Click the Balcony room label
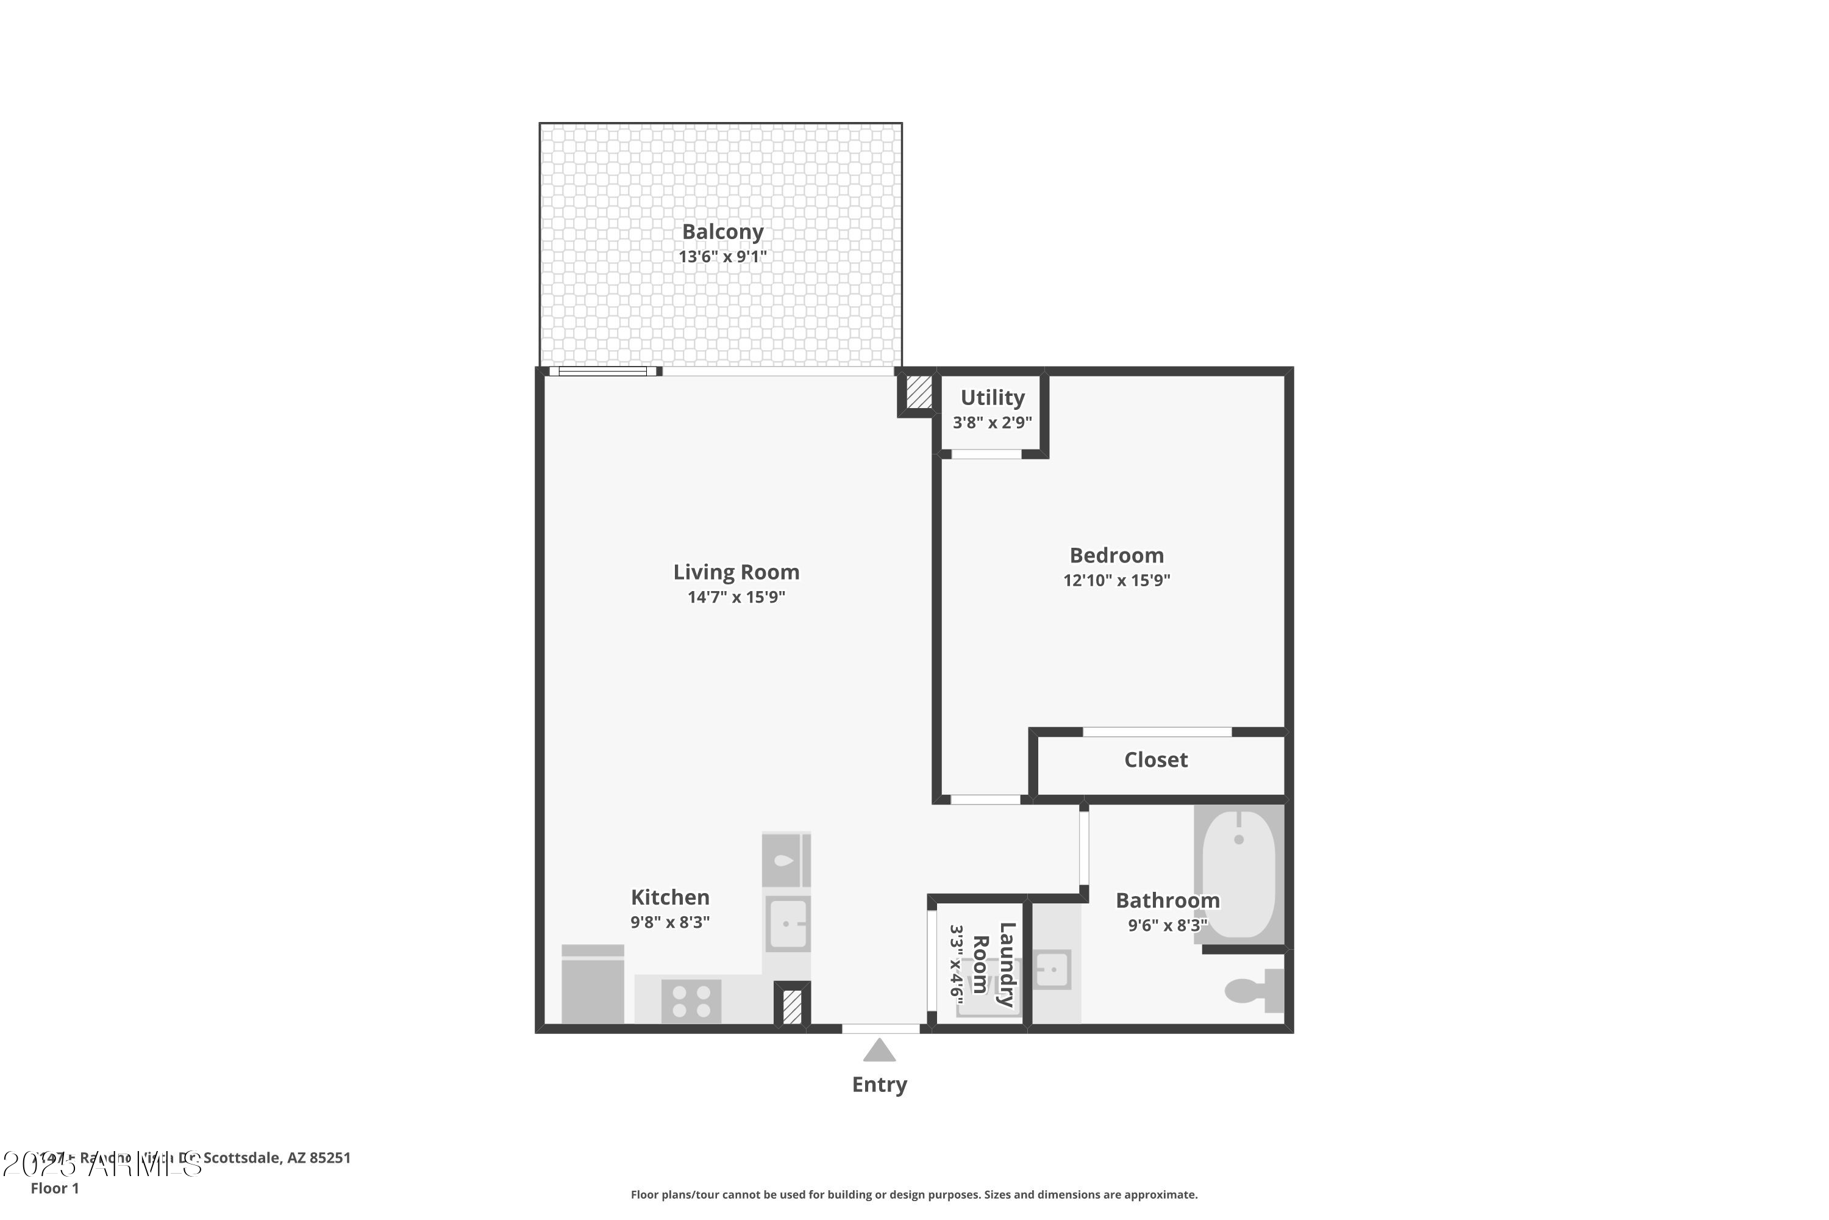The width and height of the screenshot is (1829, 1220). (722, 232)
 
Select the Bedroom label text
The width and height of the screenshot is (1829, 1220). (1116, 556)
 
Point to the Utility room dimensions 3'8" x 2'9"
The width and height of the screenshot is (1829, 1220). (993, 423)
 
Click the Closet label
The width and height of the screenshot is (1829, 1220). (1155, 760)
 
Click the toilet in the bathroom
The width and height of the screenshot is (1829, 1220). (1252, 991)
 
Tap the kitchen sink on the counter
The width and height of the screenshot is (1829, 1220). (788, 924)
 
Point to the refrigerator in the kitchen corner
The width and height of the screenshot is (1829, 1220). (593, 985)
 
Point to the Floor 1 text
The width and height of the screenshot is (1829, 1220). (54, 1188)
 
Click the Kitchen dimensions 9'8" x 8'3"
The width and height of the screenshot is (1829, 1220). (669, 922)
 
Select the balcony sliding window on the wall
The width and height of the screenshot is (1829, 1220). (603, 371)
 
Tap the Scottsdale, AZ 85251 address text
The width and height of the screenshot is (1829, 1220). (277, 1158)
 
